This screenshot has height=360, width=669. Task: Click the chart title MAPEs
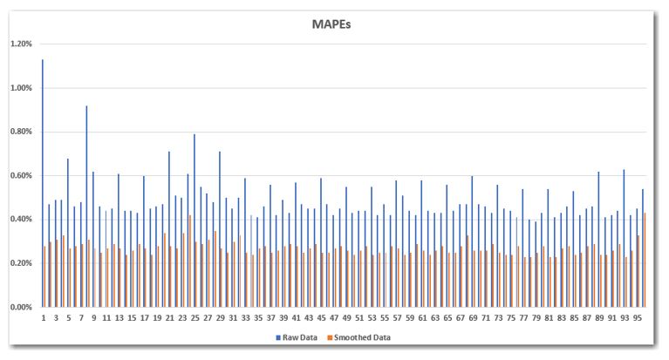[334, 24]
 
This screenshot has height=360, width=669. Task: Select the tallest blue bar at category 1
[42, 183]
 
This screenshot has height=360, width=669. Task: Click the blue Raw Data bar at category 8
[86, 206]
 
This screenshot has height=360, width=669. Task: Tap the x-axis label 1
[44, 317]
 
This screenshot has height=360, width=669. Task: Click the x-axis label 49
[346, 317]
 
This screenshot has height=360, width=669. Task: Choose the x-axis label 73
[498, 317]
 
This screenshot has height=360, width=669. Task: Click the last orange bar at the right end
[645, 260]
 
